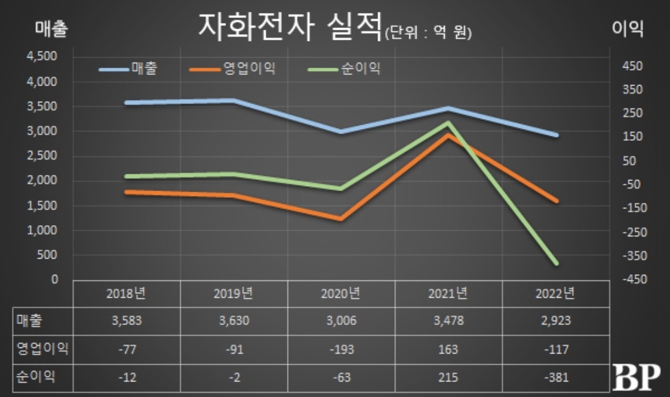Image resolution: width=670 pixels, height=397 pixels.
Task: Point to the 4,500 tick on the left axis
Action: click(42, 56)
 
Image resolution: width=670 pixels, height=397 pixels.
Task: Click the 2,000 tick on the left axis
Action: click(42, 181)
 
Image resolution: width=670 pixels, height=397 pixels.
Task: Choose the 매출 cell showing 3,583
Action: click(127, 321)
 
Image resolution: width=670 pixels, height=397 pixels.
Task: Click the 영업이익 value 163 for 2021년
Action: click(448, 350)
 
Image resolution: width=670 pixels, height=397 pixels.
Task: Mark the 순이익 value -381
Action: click(555, 377)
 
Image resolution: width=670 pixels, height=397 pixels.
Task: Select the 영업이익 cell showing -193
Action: click(340, 350)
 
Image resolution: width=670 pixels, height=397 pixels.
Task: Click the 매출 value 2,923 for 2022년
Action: click(555, 321)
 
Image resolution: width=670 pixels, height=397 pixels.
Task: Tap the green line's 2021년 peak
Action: click(448, 123)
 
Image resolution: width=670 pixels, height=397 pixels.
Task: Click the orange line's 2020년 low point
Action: click(340, 219)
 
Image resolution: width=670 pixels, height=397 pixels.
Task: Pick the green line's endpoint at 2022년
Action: click(556, 263)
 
